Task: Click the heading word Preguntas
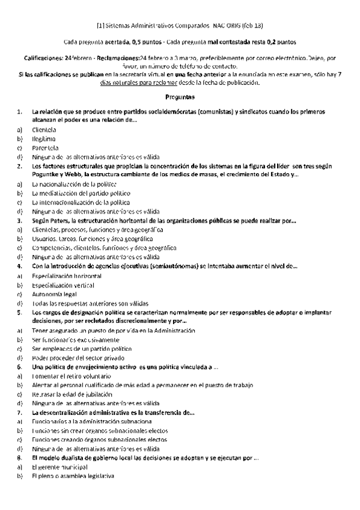click(x=180, y=97)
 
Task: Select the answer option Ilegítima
click(x=44, y=138)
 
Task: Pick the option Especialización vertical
click(x=63, y=285)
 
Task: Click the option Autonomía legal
click(x=55, y=294)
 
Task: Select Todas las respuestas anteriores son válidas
click(x=91, y=303)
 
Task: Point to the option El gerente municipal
click(x=60, y=467)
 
